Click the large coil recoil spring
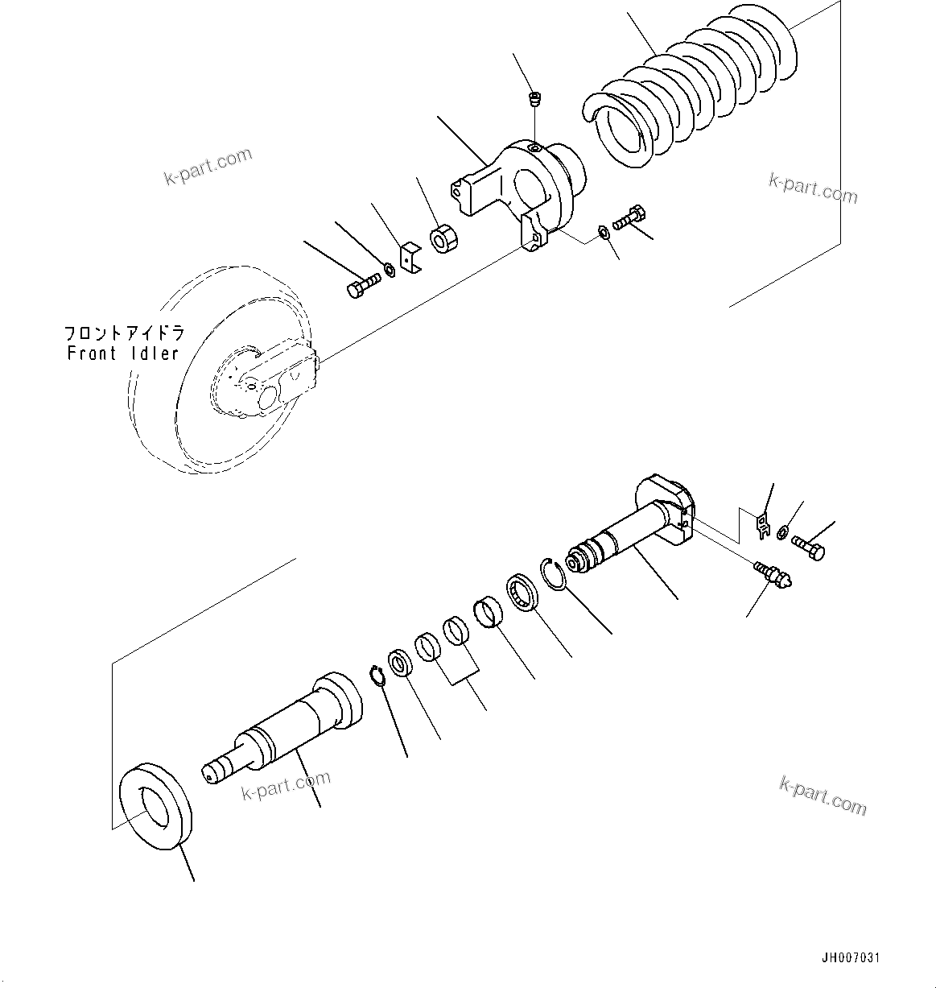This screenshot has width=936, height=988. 692,93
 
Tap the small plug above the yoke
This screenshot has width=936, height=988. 533,100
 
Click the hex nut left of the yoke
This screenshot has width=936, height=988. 443,239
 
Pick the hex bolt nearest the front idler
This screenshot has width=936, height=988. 363,286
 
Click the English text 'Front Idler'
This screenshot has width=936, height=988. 122,353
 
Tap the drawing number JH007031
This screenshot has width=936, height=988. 851,958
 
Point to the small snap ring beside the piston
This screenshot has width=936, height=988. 377,676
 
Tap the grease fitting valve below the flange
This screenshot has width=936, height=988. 774,573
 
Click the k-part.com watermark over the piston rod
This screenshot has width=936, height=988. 286,786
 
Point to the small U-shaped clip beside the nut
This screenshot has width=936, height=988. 412,258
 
